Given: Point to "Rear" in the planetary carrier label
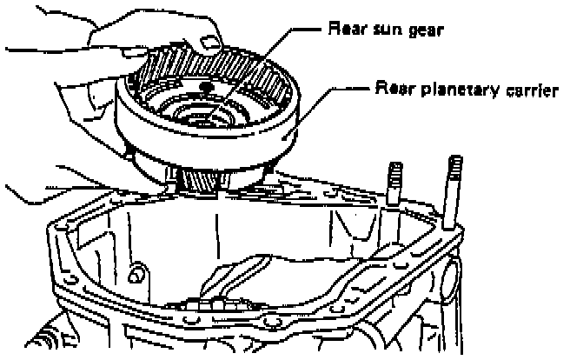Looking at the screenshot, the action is [x=392, y=90].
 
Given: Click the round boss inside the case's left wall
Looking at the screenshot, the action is [x=136, y=274].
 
